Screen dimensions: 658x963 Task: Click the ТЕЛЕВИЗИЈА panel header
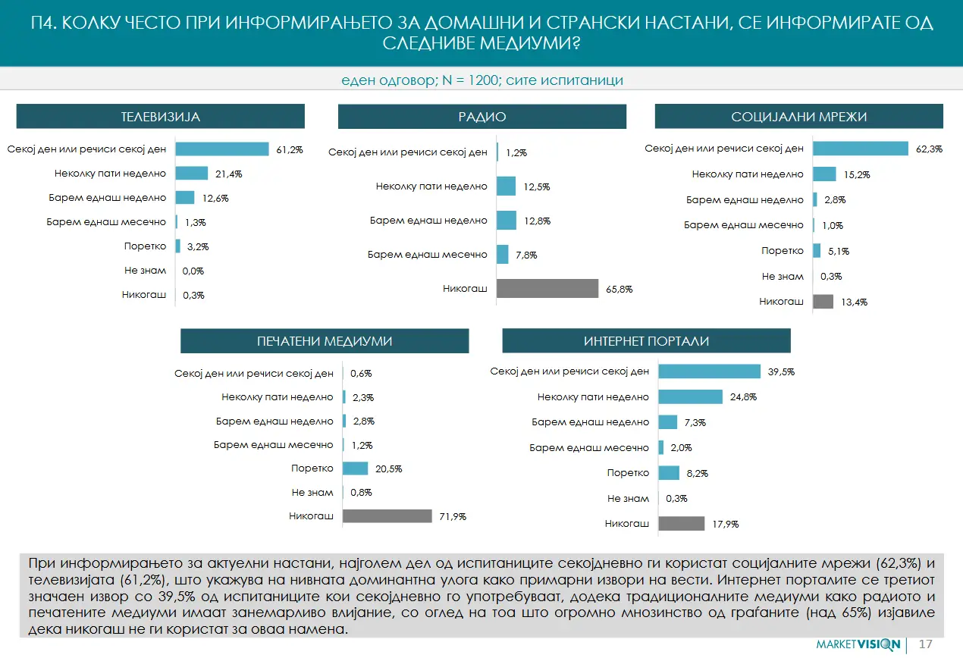tap(160, 117)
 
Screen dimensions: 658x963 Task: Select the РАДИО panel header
tap(482, 117)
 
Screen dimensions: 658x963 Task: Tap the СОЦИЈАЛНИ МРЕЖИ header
tap(798, 117)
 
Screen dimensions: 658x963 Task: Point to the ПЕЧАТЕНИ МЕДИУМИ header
tap(325, 341)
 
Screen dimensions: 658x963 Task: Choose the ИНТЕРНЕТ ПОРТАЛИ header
tap(646, 341)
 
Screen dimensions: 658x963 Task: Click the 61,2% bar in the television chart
tap(222, 149)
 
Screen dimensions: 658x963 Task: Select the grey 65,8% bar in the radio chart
tap(547, 289)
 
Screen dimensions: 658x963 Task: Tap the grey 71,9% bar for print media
tap(387, 516)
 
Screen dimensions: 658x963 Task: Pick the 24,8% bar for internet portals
tap(690, 396)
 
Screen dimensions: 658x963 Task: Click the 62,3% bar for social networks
tap(861, 149)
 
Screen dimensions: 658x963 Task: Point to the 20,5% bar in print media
tap(355, 468)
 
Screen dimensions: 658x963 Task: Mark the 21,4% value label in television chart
tap(228, 174)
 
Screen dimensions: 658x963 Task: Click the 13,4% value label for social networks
tap(854, 302)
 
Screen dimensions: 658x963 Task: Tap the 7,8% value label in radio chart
tap(525, 255)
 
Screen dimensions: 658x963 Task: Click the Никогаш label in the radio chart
tap(465, 289)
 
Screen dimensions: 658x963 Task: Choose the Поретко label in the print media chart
tap(312, 468)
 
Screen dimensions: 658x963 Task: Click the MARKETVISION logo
tap(858, 644)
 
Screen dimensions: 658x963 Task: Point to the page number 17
tap(925, 644)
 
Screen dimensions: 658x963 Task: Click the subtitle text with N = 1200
tap(482, 80)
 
